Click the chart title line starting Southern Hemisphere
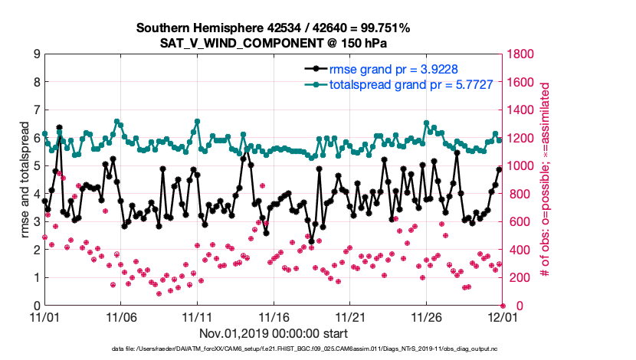[273, 28]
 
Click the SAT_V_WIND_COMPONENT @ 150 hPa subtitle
[273, 43]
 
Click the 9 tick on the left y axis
[36, 54]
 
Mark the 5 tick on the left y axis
[36, 166]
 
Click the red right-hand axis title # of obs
[545, 180]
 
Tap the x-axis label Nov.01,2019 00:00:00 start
[273, 333]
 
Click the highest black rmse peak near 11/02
[59, 128]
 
